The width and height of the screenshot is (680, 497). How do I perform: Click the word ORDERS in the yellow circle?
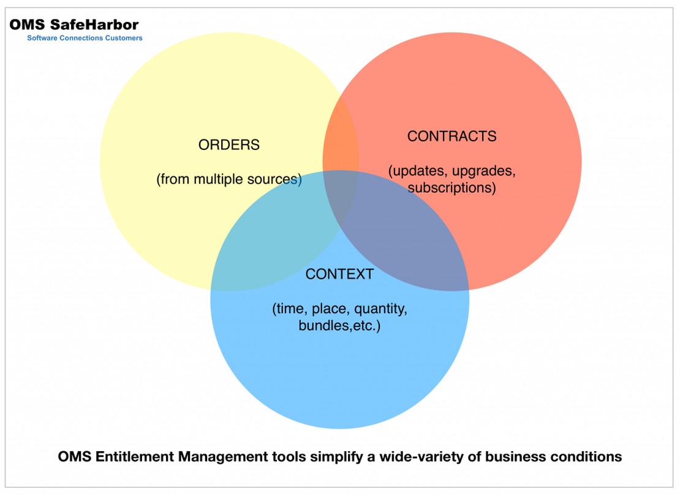(x=229, y=145)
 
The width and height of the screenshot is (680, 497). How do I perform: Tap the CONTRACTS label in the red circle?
(x=451, y=136)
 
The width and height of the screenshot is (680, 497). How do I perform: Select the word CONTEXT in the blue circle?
(x=339, y=274)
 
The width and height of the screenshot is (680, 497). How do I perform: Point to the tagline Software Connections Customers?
(x=85, y=38)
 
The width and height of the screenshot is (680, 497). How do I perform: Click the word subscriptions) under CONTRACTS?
(x=451, y=188)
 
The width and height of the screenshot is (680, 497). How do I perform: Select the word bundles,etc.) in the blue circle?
(x=339, y=326)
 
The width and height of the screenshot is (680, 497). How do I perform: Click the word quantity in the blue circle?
(x=381, y=309)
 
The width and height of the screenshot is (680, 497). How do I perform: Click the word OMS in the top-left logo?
(x=27, y=25)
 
